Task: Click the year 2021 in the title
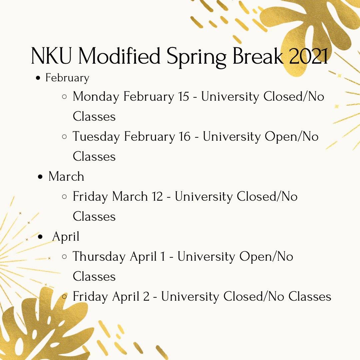[x=309, y=56]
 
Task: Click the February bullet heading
[x=67, y=78]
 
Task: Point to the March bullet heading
[x=66, y=176]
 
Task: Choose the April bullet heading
[x=66, y=236]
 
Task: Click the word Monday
[x=96, y=97]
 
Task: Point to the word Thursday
[x=99, y=257]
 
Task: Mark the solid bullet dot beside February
[x=38, y=78]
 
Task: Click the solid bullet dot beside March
[x=41, y=177]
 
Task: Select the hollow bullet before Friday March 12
[x=65, y=197]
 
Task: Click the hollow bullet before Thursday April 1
[x=65, y=257]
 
